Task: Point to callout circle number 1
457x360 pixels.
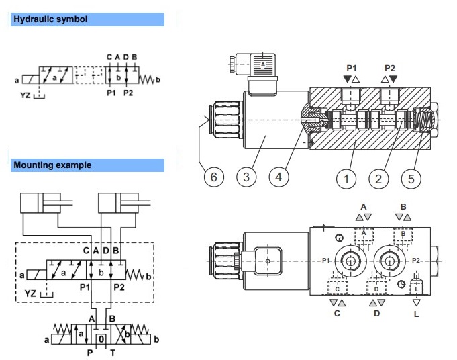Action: point(346,178)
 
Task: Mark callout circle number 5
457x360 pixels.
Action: point(411,178)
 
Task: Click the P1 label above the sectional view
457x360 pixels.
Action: point(352,68)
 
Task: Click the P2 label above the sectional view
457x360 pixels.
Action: point(390,68)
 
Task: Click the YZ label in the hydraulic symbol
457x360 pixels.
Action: point(26,96)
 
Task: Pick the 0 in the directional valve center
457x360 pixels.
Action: point(100,339)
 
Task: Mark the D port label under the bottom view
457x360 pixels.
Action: point(377,314)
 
